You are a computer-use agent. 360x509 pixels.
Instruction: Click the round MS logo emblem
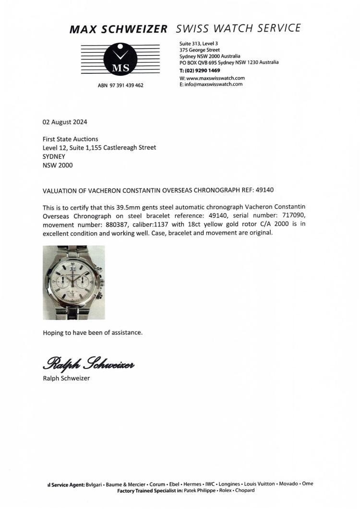(x=120, y=59)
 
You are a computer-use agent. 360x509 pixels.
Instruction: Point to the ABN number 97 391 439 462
(x=120, y=85)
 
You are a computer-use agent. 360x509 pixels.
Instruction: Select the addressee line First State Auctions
(x=70, y=139)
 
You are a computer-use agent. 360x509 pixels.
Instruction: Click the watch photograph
(x=73, y=283)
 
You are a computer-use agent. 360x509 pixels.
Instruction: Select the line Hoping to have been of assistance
(x=93, y=332)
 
